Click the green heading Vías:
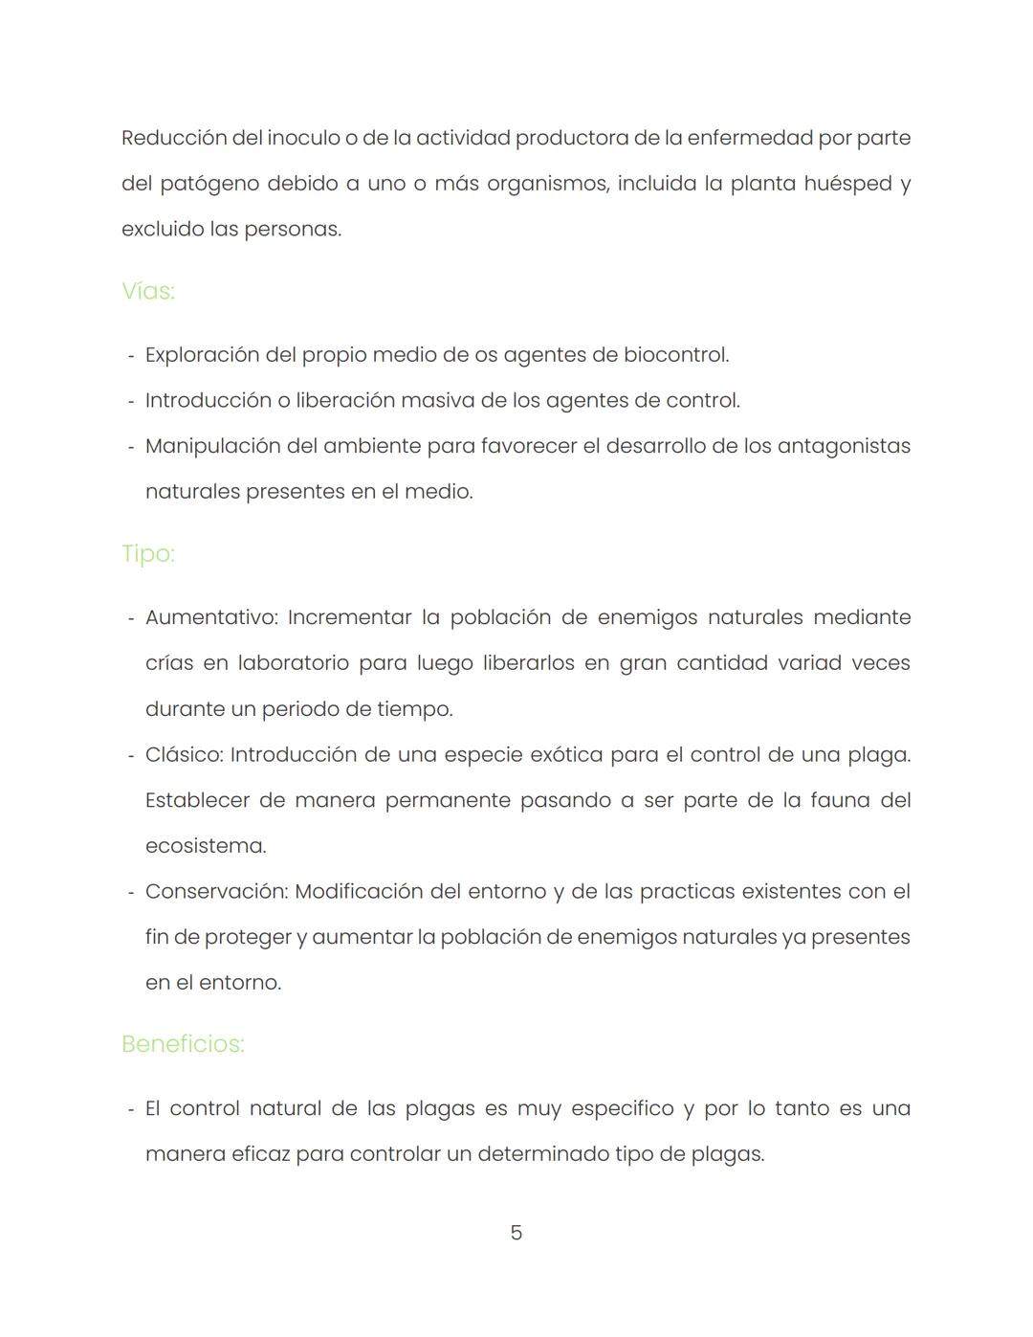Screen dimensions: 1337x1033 click(x=148, y=291)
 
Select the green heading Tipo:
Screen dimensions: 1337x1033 click(x=148, y=554)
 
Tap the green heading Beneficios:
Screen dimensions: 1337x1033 click(x=183, y=1044)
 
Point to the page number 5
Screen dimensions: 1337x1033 click(x=516, y=1233)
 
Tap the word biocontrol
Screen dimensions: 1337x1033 click(x=676, y=355)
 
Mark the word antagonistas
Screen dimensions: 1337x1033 click(x=844, y=446)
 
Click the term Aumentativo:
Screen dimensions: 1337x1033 click(x=211, y=617)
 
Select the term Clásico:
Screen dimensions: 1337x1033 click(x=184, y=755)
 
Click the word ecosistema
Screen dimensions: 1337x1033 click(x=206, y=846)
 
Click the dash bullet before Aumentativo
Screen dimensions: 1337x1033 click(x=131, y=618)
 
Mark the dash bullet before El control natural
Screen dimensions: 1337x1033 click(x=131, y=1109)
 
